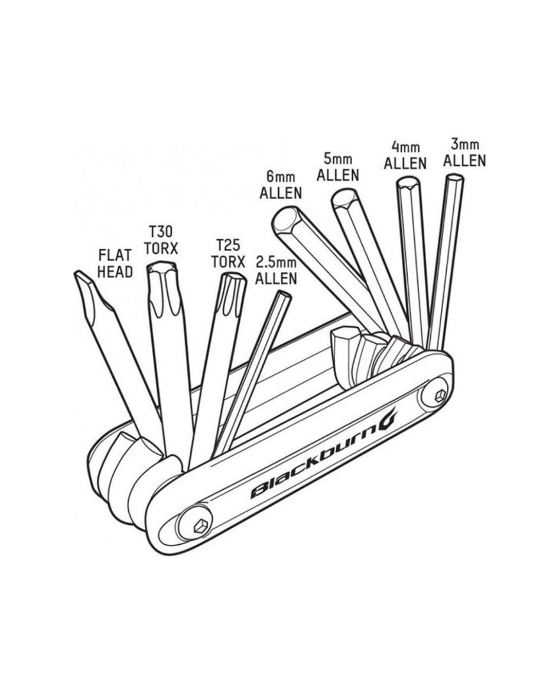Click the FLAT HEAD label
[x=115, y=263]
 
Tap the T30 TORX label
[x=160, y=238]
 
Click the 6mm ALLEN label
[x=280, y=184]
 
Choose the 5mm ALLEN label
[x=337, y=166]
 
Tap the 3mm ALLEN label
[x=464, y=151]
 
